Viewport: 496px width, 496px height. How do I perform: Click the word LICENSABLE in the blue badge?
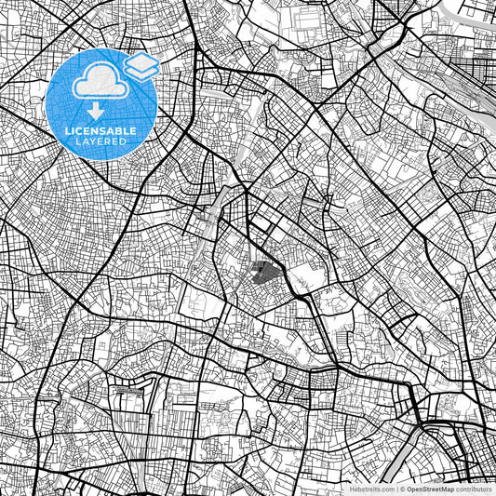click(101, 131)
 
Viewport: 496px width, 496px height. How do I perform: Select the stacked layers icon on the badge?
click(141, 65)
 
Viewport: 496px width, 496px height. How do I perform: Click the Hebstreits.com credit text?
click(371, 489)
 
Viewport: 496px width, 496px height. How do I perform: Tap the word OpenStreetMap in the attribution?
click(432, 489)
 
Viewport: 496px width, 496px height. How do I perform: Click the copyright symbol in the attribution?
click(402, 489)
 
